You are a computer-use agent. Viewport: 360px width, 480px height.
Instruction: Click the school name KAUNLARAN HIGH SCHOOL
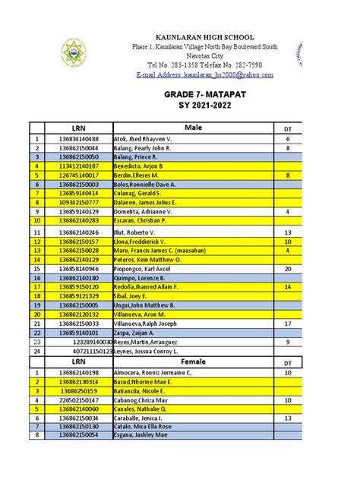click(194, 37)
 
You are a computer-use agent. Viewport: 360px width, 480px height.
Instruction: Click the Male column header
click(195, 128)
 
